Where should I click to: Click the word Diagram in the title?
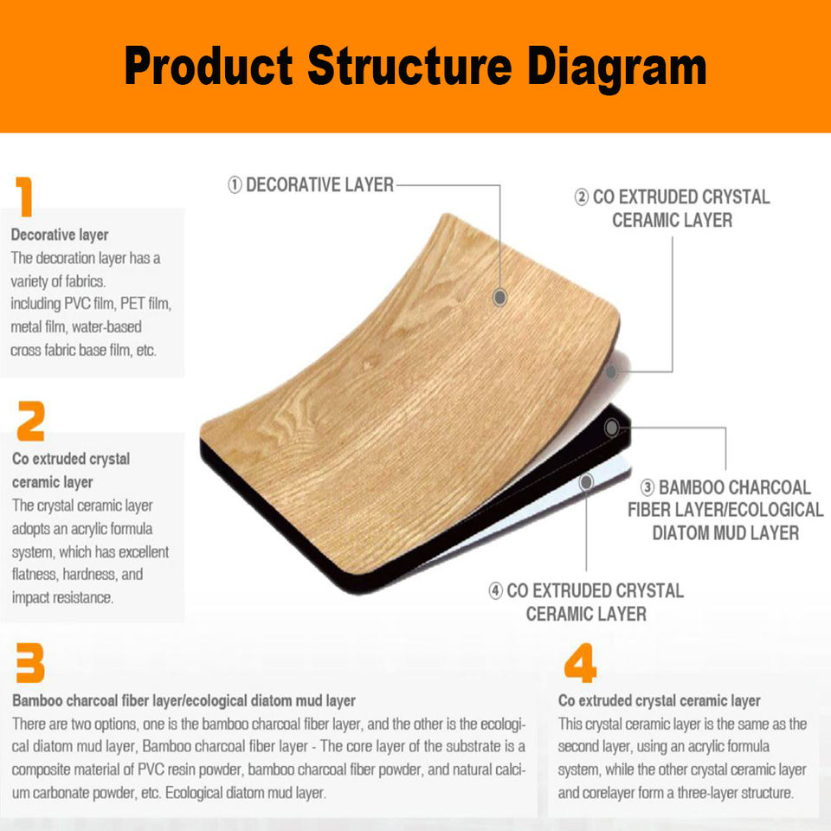point(617,68)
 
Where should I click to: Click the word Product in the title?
point(209,66)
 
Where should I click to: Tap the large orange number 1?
point(24,196)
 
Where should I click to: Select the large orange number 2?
point(30,421)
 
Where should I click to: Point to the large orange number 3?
point(29,662)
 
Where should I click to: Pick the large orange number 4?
point(580,662)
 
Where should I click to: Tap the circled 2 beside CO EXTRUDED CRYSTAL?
point(582,197)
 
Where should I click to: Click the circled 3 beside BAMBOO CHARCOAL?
point(647,487)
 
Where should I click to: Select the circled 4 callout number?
point(495,591)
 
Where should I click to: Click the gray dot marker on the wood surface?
point(499,297)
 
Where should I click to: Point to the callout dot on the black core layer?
point(612,427)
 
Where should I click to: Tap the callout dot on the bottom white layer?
point(586,482)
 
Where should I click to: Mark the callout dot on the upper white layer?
point(611,371)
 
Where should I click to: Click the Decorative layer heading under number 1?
point(60,235)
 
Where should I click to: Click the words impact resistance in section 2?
point(62,598)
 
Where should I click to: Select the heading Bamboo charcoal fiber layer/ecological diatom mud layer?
point(184,700)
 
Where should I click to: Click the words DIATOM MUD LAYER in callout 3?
point(725,532)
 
